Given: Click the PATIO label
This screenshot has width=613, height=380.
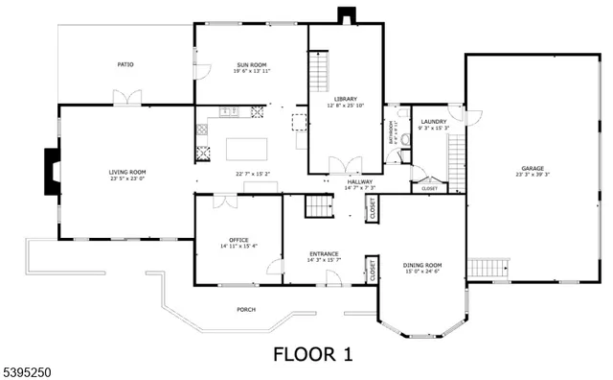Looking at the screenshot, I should click(125, 64).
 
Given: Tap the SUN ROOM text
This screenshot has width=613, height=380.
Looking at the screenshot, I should click(251, 64).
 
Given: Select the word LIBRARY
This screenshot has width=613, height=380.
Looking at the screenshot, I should click(345, 99).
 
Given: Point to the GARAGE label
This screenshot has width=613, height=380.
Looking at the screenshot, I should click(533, 167).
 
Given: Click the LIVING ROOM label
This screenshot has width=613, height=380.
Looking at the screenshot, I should click(125, 172).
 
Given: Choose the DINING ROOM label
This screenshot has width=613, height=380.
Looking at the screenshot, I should click(421, 265).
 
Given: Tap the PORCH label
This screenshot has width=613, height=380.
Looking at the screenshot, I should click(247, 310).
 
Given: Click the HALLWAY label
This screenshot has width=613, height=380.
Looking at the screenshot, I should click(360, 180).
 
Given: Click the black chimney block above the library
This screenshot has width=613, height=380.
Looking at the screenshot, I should click(345, 15).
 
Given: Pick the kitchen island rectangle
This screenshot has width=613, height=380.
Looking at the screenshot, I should click(251, 149).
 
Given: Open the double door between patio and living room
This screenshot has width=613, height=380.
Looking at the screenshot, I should click(126, 98).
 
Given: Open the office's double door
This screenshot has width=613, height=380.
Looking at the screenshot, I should click(225, 202).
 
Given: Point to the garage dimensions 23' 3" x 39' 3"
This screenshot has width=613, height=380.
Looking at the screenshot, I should click(533, 175).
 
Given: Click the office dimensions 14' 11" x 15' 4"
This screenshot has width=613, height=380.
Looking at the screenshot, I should click(238, 247).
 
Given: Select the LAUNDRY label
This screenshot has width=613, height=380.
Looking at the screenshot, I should click(434, 122).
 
